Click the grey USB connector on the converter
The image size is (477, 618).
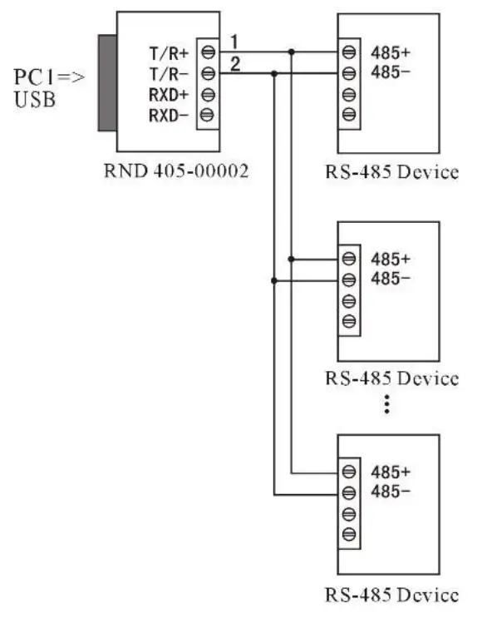106,83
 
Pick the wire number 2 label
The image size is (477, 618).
235,63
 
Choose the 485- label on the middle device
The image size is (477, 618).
390,278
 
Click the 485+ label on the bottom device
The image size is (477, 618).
390,471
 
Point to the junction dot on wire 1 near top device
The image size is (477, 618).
291,52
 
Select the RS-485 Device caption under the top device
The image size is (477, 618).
391,173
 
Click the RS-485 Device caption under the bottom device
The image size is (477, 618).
391,596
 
